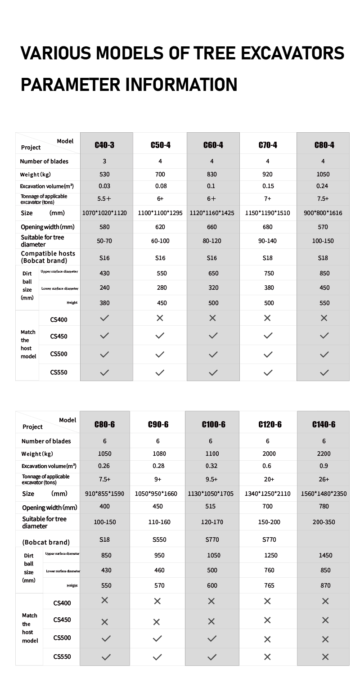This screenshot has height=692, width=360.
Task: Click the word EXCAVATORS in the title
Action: click(292, 53)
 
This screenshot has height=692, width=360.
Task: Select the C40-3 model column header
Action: click(104, 145)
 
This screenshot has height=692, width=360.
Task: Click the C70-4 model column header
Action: click(268, 145)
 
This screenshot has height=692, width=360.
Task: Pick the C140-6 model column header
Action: click(324, 424)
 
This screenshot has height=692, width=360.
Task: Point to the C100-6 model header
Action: click(213, 424)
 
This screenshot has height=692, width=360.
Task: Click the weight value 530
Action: click(104, 174)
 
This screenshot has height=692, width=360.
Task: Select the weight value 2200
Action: click(324, 454)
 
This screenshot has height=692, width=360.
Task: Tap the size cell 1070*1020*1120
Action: click(104, 213)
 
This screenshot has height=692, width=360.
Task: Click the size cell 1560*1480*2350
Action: click(324, 494)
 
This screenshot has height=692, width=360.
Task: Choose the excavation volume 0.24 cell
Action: click(323, 186)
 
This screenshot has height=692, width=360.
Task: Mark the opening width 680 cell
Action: click(268, 227)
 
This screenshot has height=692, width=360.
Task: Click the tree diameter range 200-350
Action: click(324, 522)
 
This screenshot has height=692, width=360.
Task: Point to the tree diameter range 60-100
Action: click(160, 241)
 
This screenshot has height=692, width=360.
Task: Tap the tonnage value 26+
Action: click(324, 479)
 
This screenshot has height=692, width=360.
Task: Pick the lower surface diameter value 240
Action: click(104, 288)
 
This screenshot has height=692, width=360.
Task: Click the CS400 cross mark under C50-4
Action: click(160, 318)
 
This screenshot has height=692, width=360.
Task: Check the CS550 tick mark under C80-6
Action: click(106, 657)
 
